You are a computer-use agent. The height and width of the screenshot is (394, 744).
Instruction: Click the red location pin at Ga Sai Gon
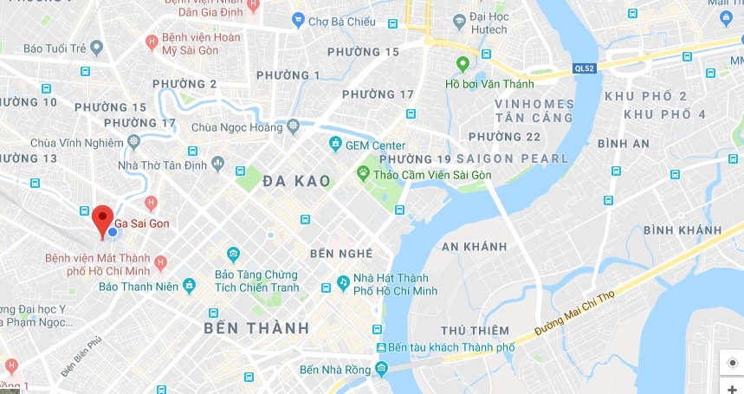pos(103,219)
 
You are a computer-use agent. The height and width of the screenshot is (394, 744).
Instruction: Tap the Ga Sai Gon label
pos(142,223)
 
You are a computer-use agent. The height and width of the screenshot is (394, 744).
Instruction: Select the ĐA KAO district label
pos(296,181)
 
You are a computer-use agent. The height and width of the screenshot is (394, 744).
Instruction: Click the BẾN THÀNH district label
pos(256,328)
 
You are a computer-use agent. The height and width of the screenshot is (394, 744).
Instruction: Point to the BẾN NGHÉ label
pos(341,254)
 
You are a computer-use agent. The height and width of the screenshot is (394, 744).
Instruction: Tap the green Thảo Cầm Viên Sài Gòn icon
pos(363,173)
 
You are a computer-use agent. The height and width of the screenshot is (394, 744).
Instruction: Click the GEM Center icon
pos(335,145)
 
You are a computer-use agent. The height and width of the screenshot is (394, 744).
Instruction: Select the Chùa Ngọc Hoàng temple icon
pos(293,127)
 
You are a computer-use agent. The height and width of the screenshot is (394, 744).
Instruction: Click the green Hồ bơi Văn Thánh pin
pos(463,63)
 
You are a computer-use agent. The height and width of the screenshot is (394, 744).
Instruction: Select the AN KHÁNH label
pos(474,246)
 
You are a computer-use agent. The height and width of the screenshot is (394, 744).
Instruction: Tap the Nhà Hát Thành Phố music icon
pos(343,283)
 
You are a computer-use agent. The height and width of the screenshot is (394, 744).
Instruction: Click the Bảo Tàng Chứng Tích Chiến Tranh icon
pos(233,254)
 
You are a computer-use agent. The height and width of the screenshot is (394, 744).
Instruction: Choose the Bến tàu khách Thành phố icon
pos(381,347)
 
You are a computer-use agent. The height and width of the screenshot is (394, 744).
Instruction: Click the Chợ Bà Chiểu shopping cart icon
pos(298,19)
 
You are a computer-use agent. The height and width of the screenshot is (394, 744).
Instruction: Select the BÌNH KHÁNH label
pos(682,229)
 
